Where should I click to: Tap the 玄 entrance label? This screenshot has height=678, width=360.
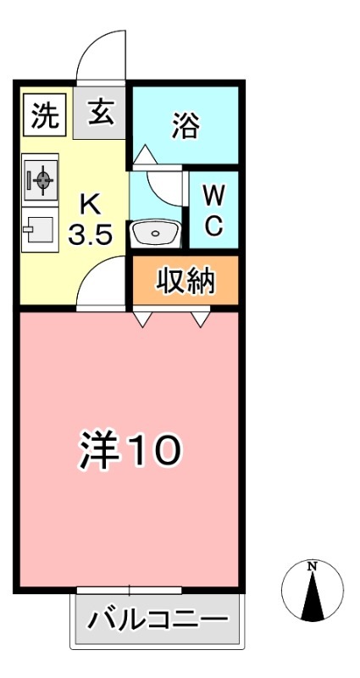(x=100, y=114)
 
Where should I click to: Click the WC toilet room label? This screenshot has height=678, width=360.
(x=214, y=211)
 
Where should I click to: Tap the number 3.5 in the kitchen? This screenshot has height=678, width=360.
(x=90, y=235)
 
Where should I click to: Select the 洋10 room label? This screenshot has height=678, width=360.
(x=130, y=450)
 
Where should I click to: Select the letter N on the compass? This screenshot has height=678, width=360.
(x=313, y=566)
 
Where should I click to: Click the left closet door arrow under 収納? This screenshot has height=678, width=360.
(x=143, y=319)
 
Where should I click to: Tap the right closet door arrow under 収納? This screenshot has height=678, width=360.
(x=201, y=319)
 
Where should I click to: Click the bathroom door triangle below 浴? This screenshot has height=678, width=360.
(x=145, y=154)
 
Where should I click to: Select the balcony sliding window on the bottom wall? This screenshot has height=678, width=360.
(x=130, y=589)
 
